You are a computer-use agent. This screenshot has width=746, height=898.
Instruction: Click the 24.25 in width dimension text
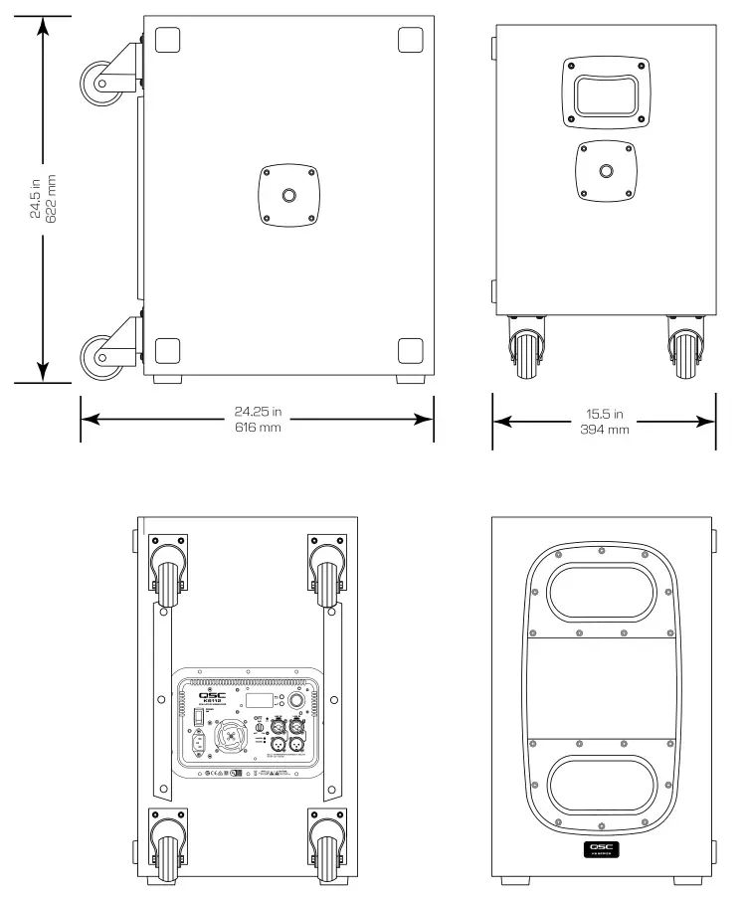[258, 411]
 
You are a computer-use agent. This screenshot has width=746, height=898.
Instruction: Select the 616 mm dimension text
[258, 428]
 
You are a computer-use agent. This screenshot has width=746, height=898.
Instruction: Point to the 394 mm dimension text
[603, 430]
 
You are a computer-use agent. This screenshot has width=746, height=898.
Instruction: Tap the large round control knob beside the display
[295, 700]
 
